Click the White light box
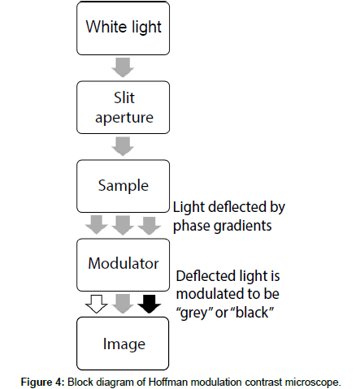coord(124,28)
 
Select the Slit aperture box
coord(124,107)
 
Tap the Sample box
coord(124,186)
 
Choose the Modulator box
coord(124,265)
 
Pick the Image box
coord(123,344)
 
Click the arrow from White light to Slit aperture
coord(123,67)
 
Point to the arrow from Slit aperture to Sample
coord(123,146)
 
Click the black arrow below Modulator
coord(150,304)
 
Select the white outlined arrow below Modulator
coord(97,304)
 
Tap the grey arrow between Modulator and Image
coord(123,304)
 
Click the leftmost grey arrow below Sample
coord(97,225)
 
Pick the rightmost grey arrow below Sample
coord(150,225)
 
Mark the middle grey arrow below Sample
coord(123,225)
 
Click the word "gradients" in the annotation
coord(243,226)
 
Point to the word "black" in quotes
coord(253,312)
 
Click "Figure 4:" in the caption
coord(43,383)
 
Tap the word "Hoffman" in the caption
coord(168,383)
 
